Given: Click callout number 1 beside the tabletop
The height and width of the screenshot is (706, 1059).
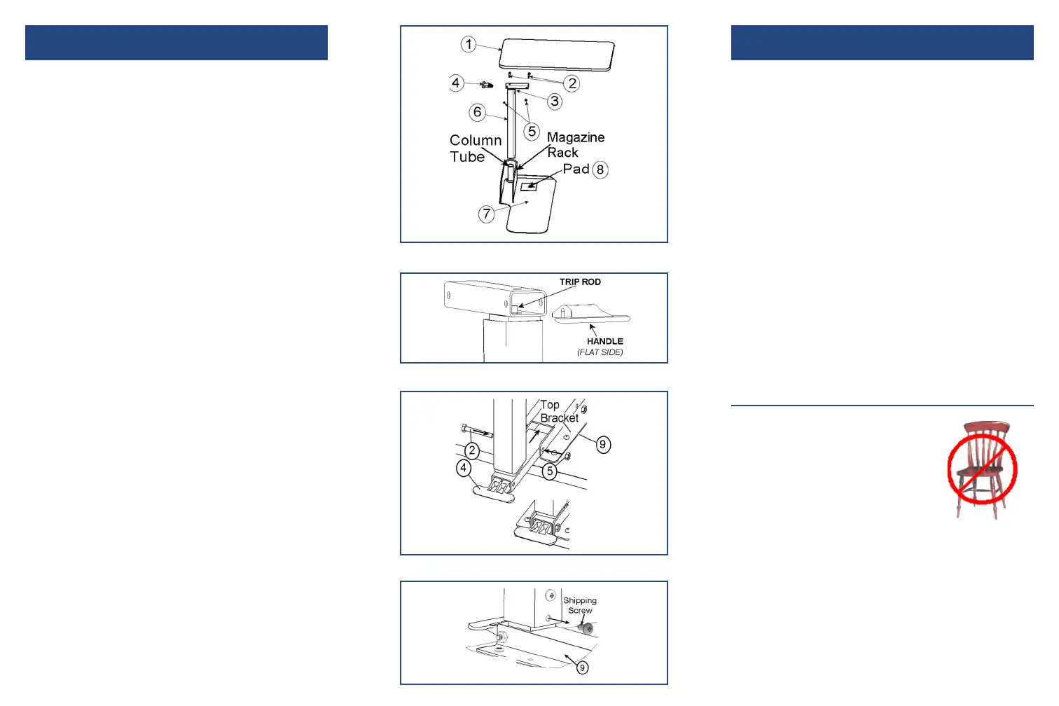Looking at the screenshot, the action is pos(469,45).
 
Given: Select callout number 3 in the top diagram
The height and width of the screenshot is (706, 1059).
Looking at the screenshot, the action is pos(555,102).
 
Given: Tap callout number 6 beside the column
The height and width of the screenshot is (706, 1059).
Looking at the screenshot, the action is pos(478,112).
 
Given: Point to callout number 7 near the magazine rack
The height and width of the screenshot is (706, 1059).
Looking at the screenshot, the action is pos(487,214).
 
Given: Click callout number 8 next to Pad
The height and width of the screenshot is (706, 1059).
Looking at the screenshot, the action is pos(600,169).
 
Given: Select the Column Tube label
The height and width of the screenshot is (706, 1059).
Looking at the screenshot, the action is pos(475,148).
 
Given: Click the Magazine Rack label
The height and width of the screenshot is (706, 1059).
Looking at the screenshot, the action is pos(575,145).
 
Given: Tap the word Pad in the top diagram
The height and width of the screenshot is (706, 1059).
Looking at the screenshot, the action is pos(576,169).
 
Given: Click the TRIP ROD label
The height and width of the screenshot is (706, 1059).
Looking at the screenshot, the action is pos(580,282).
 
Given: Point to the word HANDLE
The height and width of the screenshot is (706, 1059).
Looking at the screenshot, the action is pos(604,341).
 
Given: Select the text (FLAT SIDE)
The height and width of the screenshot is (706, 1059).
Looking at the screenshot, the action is pos(600,352).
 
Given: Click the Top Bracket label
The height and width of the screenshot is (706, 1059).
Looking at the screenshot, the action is pos(558,412).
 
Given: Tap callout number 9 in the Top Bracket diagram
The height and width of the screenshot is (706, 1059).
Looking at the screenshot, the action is pos(602,445).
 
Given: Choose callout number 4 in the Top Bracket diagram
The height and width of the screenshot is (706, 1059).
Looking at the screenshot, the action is pos(464,468).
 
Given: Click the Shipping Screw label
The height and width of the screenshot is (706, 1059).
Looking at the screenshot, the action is pos(580,605).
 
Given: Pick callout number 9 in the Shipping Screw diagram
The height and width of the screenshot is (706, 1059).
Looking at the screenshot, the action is pos(582,667).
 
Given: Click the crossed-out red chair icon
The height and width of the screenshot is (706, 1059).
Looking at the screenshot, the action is pos(982,469).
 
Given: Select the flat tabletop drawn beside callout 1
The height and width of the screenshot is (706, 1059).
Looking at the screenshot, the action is pos(557,55).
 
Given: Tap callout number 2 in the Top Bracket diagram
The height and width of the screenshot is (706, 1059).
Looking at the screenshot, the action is pos(473,450).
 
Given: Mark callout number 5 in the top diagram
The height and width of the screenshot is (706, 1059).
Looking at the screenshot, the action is pos(532,131).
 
